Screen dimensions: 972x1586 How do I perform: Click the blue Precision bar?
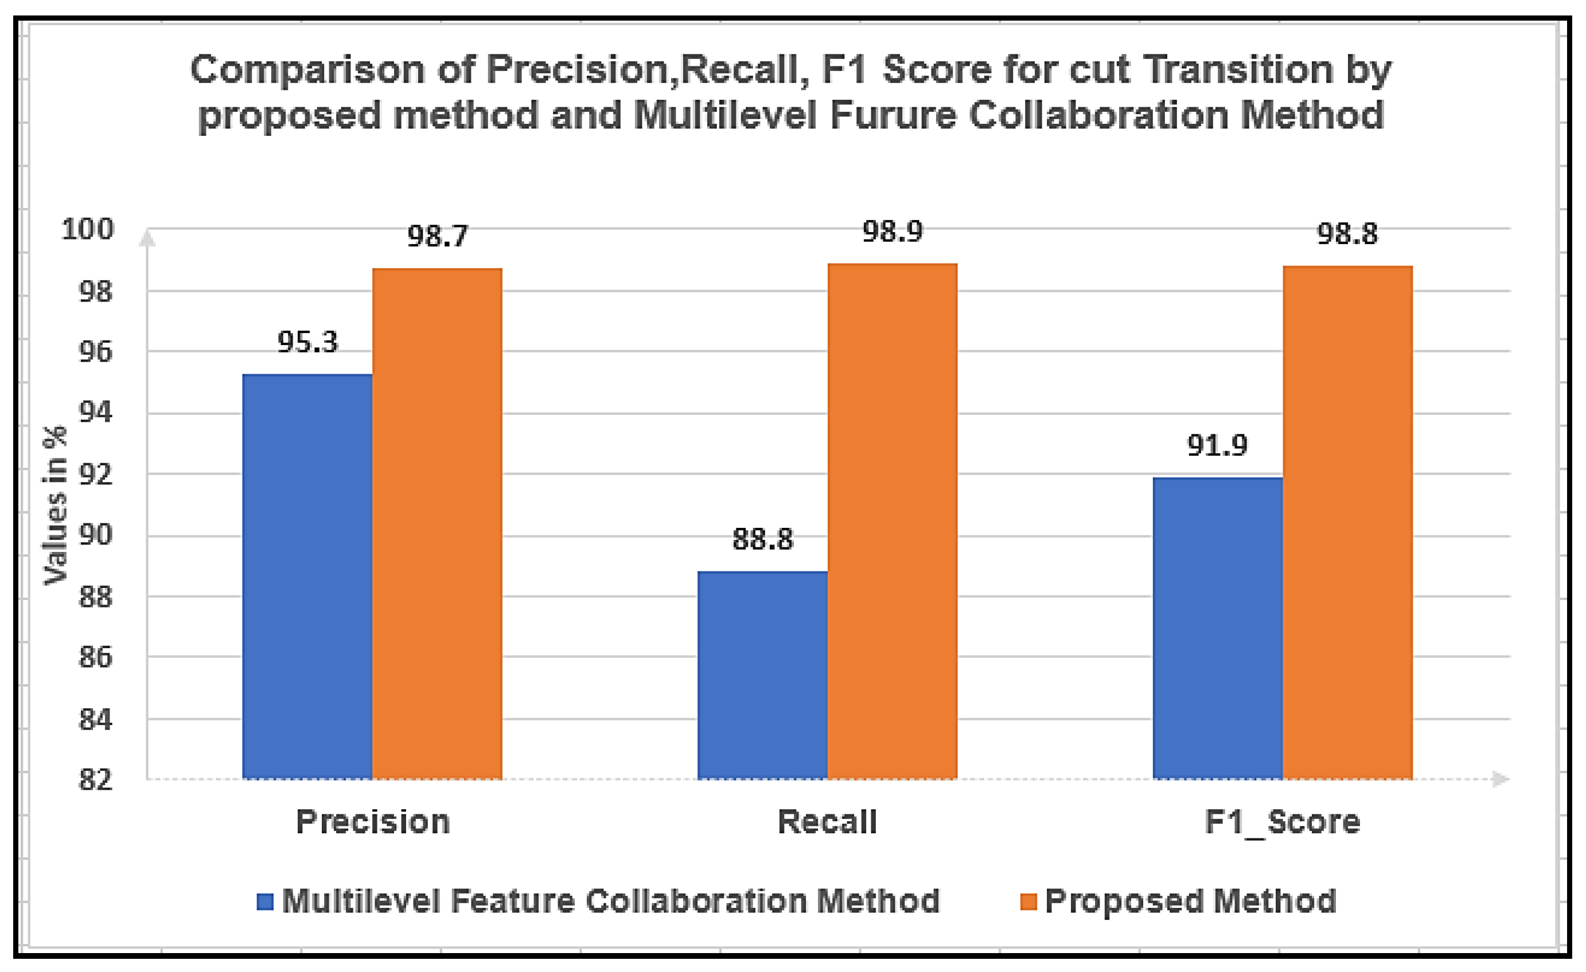pos(307,577)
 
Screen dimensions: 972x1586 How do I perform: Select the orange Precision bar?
pos(437,524)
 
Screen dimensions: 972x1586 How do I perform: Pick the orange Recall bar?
pos(892,521)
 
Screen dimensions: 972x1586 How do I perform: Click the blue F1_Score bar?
pos(1217,628)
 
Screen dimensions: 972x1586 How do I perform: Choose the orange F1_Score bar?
pos(1347,522)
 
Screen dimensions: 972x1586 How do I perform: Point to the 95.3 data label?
pos(307,342)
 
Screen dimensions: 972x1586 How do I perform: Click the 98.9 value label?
pos(892,231)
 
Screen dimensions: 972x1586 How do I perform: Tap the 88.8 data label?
pos(762,539)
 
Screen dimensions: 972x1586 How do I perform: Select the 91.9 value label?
pos(1217,445)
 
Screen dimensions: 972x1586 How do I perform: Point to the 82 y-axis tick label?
pos(95,779)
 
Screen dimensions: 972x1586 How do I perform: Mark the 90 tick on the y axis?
pos(95,535)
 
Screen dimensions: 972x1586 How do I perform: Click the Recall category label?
pos(827,822)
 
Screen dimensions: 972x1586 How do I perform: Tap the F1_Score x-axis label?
pos(1282,822)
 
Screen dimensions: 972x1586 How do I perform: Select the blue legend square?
pos(264,902)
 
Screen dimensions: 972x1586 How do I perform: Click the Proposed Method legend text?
pos(1190,902)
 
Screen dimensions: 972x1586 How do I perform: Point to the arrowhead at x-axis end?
pos(1500,779)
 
